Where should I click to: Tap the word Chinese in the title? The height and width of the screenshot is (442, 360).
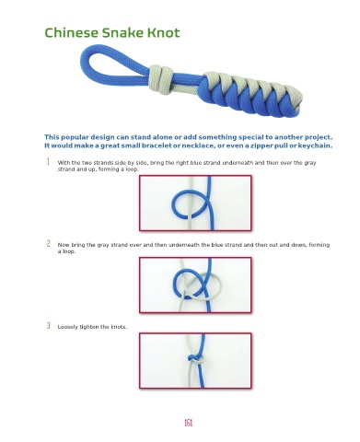72,32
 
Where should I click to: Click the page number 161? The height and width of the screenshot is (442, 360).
188,423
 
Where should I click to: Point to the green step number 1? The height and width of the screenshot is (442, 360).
48,161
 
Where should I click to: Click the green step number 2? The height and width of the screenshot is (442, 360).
49,243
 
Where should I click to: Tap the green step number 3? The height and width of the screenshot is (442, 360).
49,325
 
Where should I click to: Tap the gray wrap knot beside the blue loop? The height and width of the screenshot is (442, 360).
160,79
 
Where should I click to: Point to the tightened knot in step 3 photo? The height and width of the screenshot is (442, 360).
195,359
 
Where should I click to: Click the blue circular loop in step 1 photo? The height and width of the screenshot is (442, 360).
172,204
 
